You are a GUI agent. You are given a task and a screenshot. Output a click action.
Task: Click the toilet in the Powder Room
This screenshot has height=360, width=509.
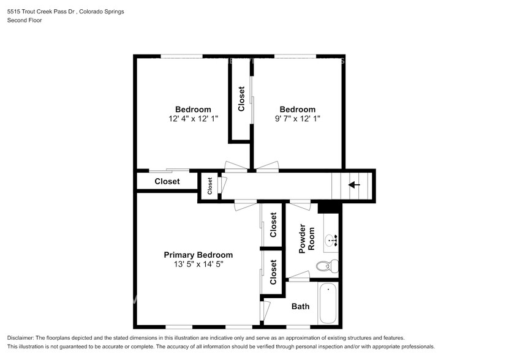pos(325,265)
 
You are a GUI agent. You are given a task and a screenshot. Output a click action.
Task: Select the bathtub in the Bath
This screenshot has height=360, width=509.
pos(328,303)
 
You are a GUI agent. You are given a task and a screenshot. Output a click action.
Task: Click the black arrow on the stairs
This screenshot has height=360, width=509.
pos(354,184)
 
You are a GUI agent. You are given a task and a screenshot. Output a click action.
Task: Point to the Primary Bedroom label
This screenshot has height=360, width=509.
pos(198,255)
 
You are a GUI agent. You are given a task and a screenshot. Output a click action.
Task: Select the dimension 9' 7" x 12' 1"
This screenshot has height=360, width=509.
pos(298,119)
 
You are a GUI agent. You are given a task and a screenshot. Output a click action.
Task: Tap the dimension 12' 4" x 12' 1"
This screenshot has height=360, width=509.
pos(193,119)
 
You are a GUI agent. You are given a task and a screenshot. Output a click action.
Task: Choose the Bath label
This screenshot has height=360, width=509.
pos(300,306)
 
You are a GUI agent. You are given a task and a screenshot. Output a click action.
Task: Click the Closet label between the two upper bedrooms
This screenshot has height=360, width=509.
pos(241,99)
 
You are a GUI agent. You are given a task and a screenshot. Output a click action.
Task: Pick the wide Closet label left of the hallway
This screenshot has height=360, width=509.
pos(167,181)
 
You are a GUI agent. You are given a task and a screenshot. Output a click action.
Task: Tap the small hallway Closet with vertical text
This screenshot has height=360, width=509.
pos(209,186)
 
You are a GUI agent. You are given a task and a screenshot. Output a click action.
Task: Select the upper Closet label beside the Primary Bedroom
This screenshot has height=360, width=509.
pos(273,225)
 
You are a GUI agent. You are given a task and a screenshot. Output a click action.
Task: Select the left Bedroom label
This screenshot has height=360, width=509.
pos(193,109)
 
